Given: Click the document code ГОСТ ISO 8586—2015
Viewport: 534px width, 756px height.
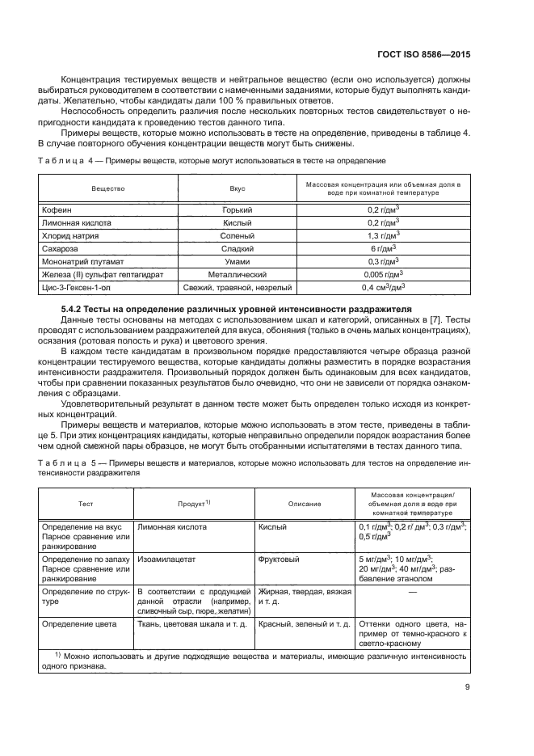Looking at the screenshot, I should coord(425,57).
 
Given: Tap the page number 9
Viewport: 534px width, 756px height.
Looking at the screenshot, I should coord(467,687).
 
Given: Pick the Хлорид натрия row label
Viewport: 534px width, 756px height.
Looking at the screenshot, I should coord(69,235).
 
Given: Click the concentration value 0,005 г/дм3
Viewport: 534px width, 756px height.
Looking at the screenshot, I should coord(383,274).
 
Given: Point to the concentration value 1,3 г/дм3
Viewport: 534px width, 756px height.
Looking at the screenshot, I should coord(383,235).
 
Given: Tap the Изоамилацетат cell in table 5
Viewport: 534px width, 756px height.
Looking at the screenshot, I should coord(165,559).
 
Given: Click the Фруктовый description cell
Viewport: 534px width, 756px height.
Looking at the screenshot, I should coord(279,559).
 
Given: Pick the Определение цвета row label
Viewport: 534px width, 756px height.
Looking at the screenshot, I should coord(79,624).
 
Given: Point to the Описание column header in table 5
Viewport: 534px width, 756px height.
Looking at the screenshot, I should coord(305,503).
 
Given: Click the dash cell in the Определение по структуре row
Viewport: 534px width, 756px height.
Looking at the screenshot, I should coord(412,592).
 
